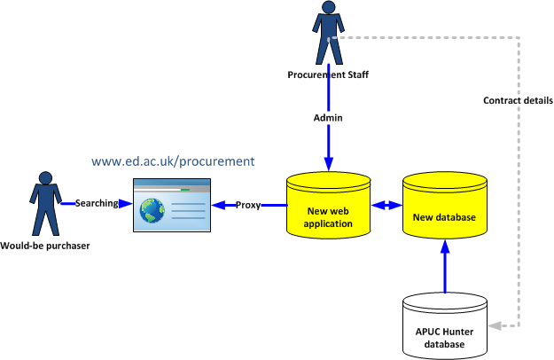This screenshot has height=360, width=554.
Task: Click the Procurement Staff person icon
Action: coord(328,34)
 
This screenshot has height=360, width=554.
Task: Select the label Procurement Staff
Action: coord(328,74)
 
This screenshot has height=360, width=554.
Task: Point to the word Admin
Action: coord(328,117)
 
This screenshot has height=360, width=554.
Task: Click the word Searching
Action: coord(97,203)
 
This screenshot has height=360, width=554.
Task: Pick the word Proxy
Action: coord(248,205)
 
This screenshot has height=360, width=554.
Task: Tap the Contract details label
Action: coord(518,100)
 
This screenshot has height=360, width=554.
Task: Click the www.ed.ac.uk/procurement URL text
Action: coord(173,161)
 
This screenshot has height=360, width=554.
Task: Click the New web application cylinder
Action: coord(328,206)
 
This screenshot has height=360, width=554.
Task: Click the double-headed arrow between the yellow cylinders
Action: coord(386,206)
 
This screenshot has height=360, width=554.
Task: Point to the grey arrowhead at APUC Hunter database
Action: coord(492,325)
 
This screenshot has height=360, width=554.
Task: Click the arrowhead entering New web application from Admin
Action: coord(328,165)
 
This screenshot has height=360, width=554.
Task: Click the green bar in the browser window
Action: coord(184,190)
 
